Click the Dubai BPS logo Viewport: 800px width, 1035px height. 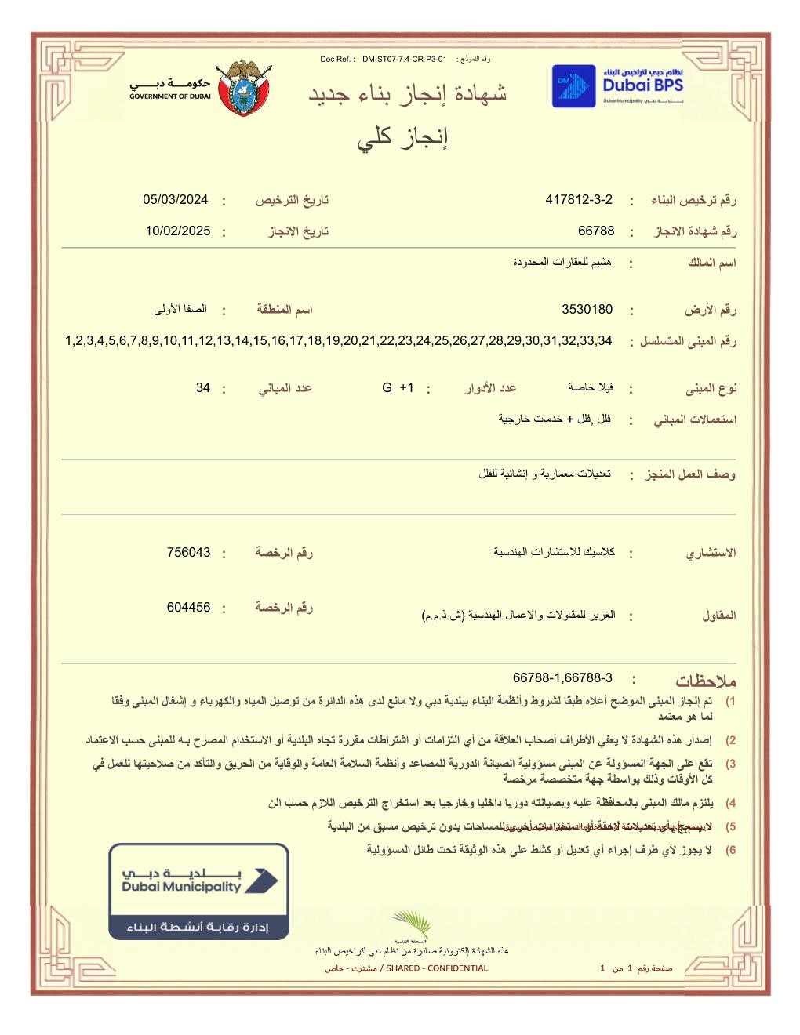pyautogui.click(x=617, y=85)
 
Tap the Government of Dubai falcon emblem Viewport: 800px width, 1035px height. pyautogui.click(x=245, y=88)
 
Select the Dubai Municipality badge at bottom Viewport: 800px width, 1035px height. pyautogui.click(x=198, y=892)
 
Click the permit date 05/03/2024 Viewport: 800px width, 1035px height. pyautogui.click(x=176, y=200)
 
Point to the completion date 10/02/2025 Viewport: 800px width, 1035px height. pyautogui.click(x=178, y=231)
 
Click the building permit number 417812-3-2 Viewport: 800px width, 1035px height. pyautogui.click(x=579, y=200)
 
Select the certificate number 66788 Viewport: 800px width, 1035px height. pyautogui.click(x=596, y=231)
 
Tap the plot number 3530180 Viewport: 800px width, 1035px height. pyautogui.click(x=587, y=310)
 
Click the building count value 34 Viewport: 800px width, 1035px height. pyautogui.click(x=203, y=388)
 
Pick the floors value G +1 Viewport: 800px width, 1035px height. pyautogui.click(x=398, y=388)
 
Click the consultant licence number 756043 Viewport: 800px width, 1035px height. pyautogui.click(x=188, y=553)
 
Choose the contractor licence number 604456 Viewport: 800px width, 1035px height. pyautogui.click(x=188, y=608)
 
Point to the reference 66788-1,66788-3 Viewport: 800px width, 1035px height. pyautogui.click(x=562, y=678)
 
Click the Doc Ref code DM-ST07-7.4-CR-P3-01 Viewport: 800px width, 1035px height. pyautogui.click(x=404, y=60)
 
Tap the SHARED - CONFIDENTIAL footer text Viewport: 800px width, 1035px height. pyautogui.click(x=437, y=968)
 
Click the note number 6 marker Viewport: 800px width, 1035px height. pyautogui.click(x=730, y=851)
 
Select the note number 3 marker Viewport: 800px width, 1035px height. pyautogui.click(x=730, y=764)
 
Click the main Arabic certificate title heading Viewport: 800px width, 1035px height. pyautogui.click(x=407, y=95)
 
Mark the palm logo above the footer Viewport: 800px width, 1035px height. pyautogui.click(x=411, y=925)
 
